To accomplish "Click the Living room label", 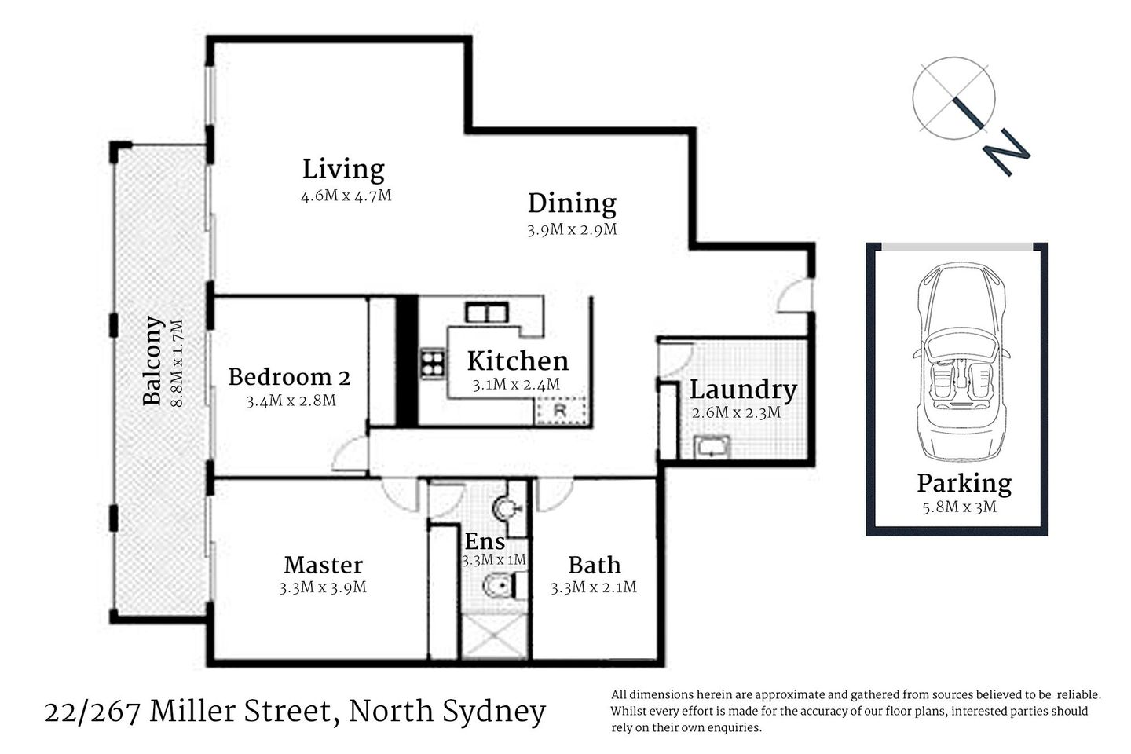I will [343, 170].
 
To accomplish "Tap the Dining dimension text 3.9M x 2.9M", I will [572, 230].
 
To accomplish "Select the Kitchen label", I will [518, 361].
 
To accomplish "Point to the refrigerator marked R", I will [561, 411].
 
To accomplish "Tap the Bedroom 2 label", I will [289, 377].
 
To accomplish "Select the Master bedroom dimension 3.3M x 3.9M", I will [323, 587].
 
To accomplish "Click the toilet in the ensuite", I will [498, 586].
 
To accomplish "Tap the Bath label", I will [595, 565].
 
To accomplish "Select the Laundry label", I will [743, 390].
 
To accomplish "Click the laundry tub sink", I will [712, 448].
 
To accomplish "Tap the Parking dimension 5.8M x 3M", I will [959, 507].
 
